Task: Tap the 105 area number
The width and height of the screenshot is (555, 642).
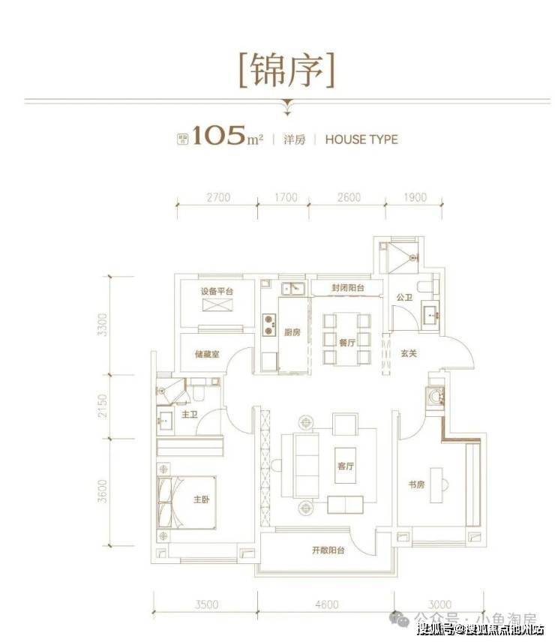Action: [x=219, y=137]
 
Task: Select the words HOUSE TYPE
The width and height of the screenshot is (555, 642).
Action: [x=361, y=139]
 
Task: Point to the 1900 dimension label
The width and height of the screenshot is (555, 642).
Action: [x=414, y=198]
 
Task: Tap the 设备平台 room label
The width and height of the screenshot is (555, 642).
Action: [x=217, y=291]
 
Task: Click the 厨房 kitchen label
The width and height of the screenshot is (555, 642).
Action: [x=292, y=334]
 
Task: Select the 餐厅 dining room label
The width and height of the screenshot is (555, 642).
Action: [x=346, y=340]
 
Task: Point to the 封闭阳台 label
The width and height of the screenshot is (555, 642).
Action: [x=347, y=288]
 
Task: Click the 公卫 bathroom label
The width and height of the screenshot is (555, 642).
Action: [x=404, y=298]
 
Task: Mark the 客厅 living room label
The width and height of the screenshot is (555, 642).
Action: [x=345, y=466]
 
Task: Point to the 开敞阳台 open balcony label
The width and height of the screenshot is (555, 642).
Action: [x=328, y=550]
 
